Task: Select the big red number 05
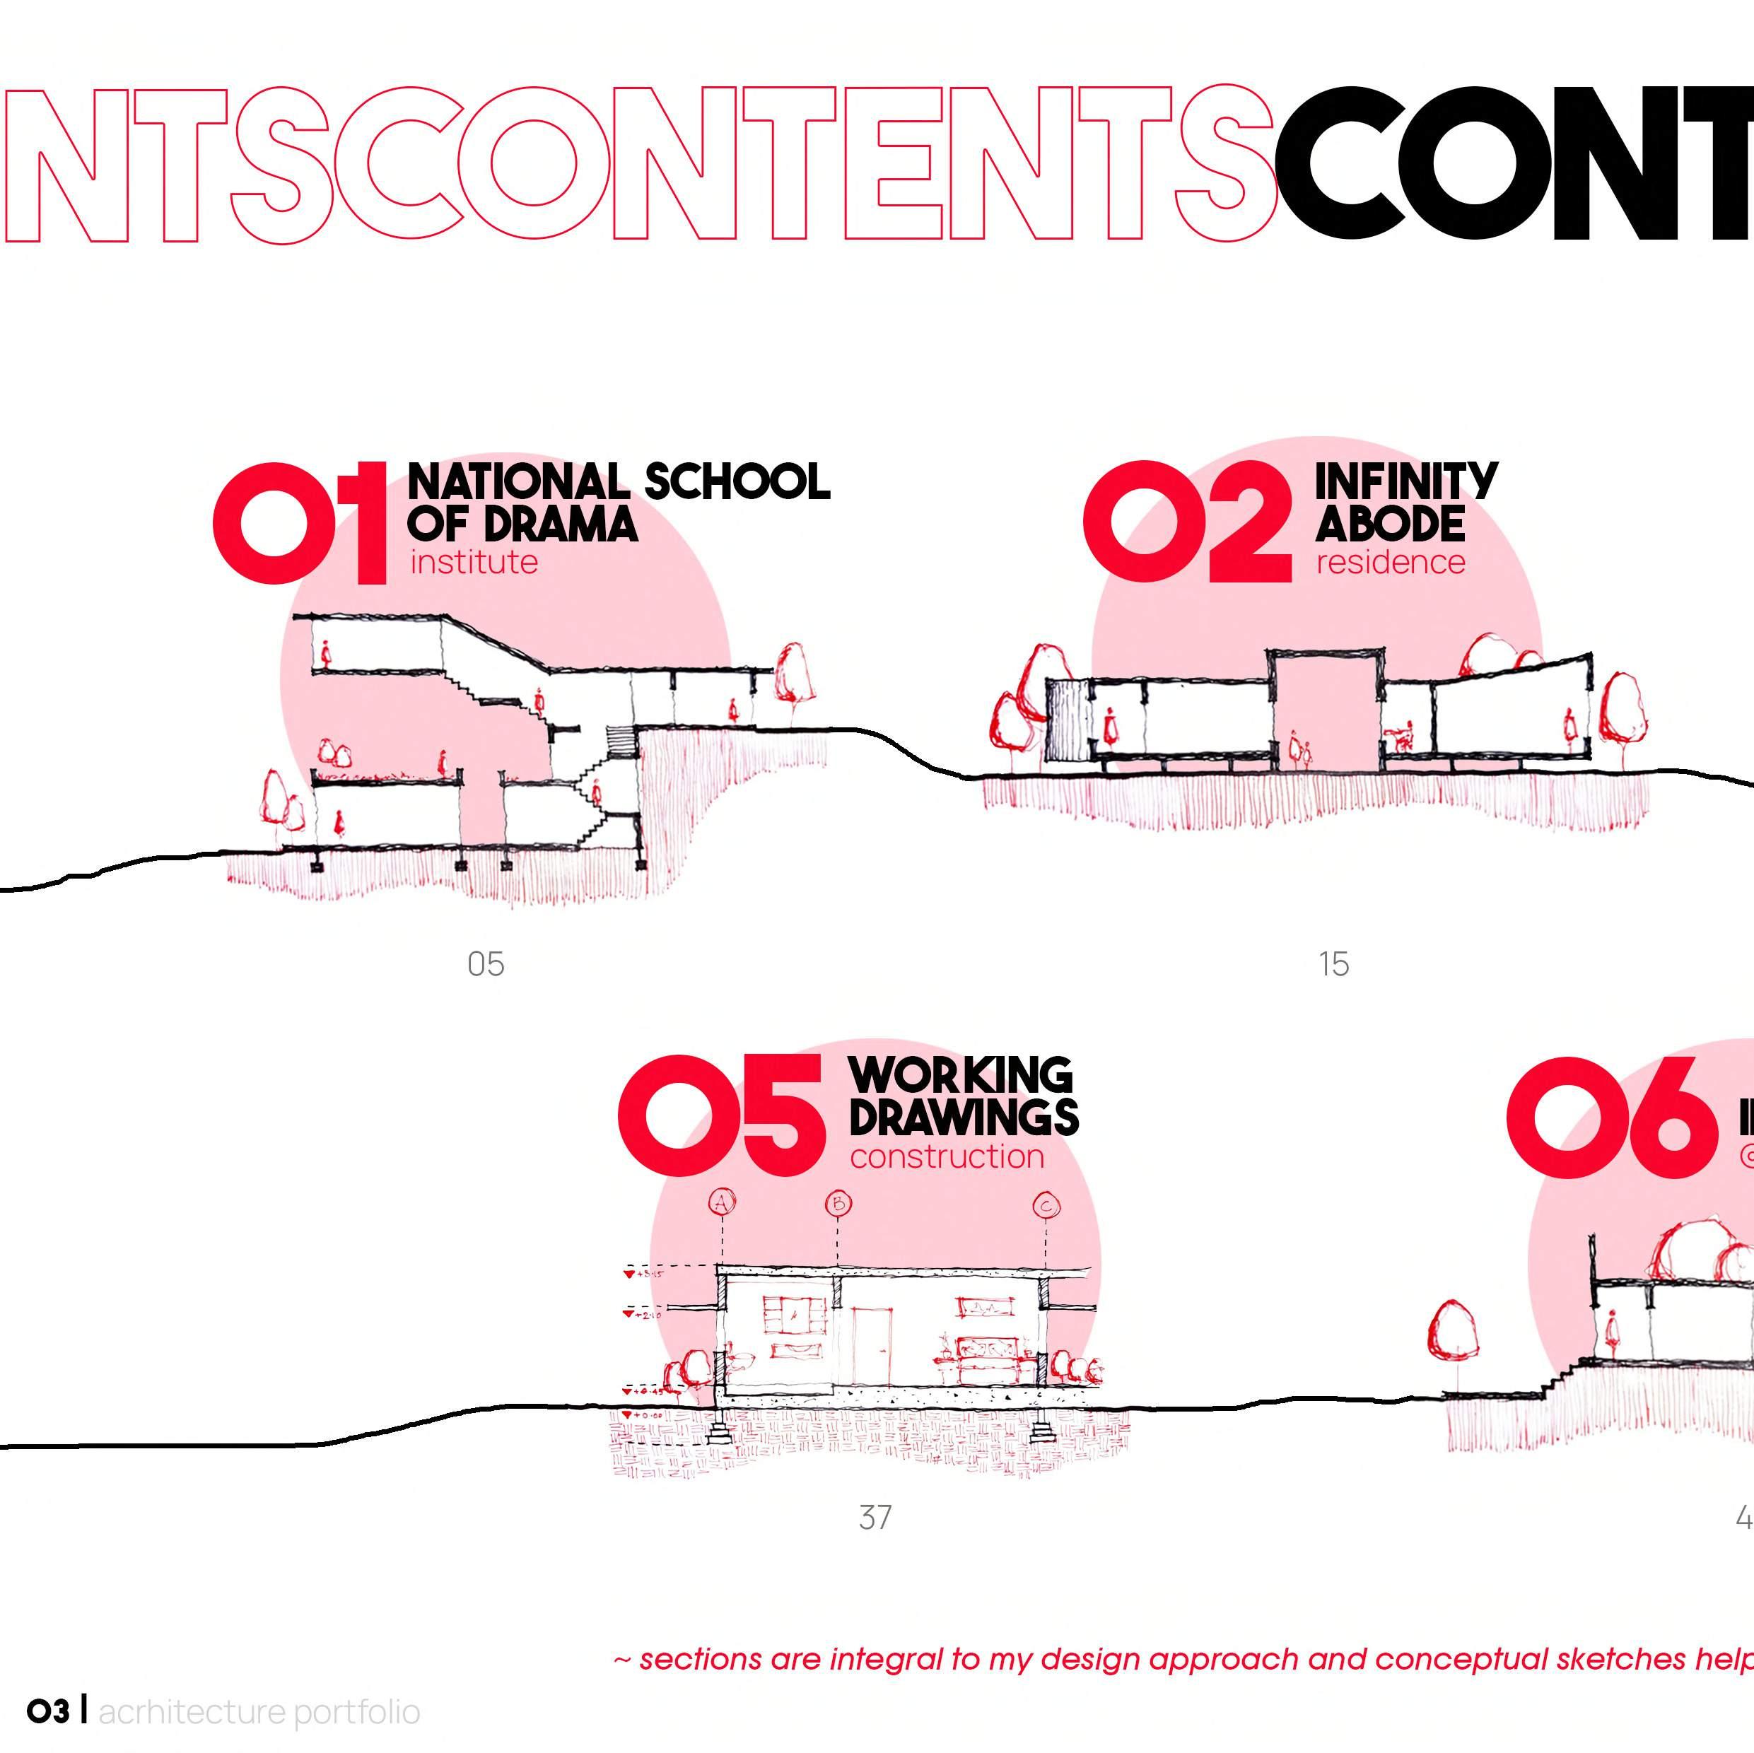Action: [x=722, y=1115]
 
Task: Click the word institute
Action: [x=473, y=563]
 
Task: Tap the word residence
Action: [x=1390, y=563]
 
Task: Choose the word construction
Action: [x=946, y=1157]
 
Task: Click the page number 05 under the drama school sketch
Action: [x=486, y=964]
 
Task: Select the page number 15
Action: [x=1333, y=964]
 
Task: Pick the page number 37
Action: [x=875, y=1517]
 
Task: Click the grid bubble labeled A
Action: [x=722, y=1204]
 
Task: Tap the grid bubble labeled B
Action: [x=838, y=1204]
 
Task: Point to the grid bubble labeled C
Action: [x=1047, y=1206]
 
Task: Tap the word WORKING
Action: [x=961, y=1076]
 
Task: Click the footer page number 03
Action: [x=47, y=1712]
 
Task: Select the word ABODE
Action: [x=1389, y=524]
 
